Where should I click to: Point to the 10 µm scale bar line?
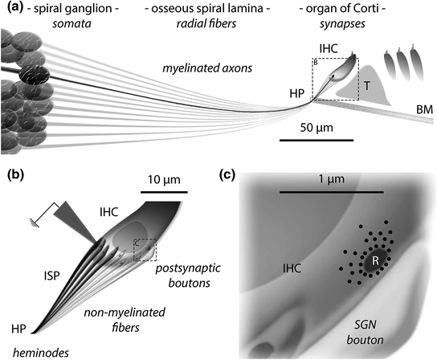(x=164, y=193)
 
